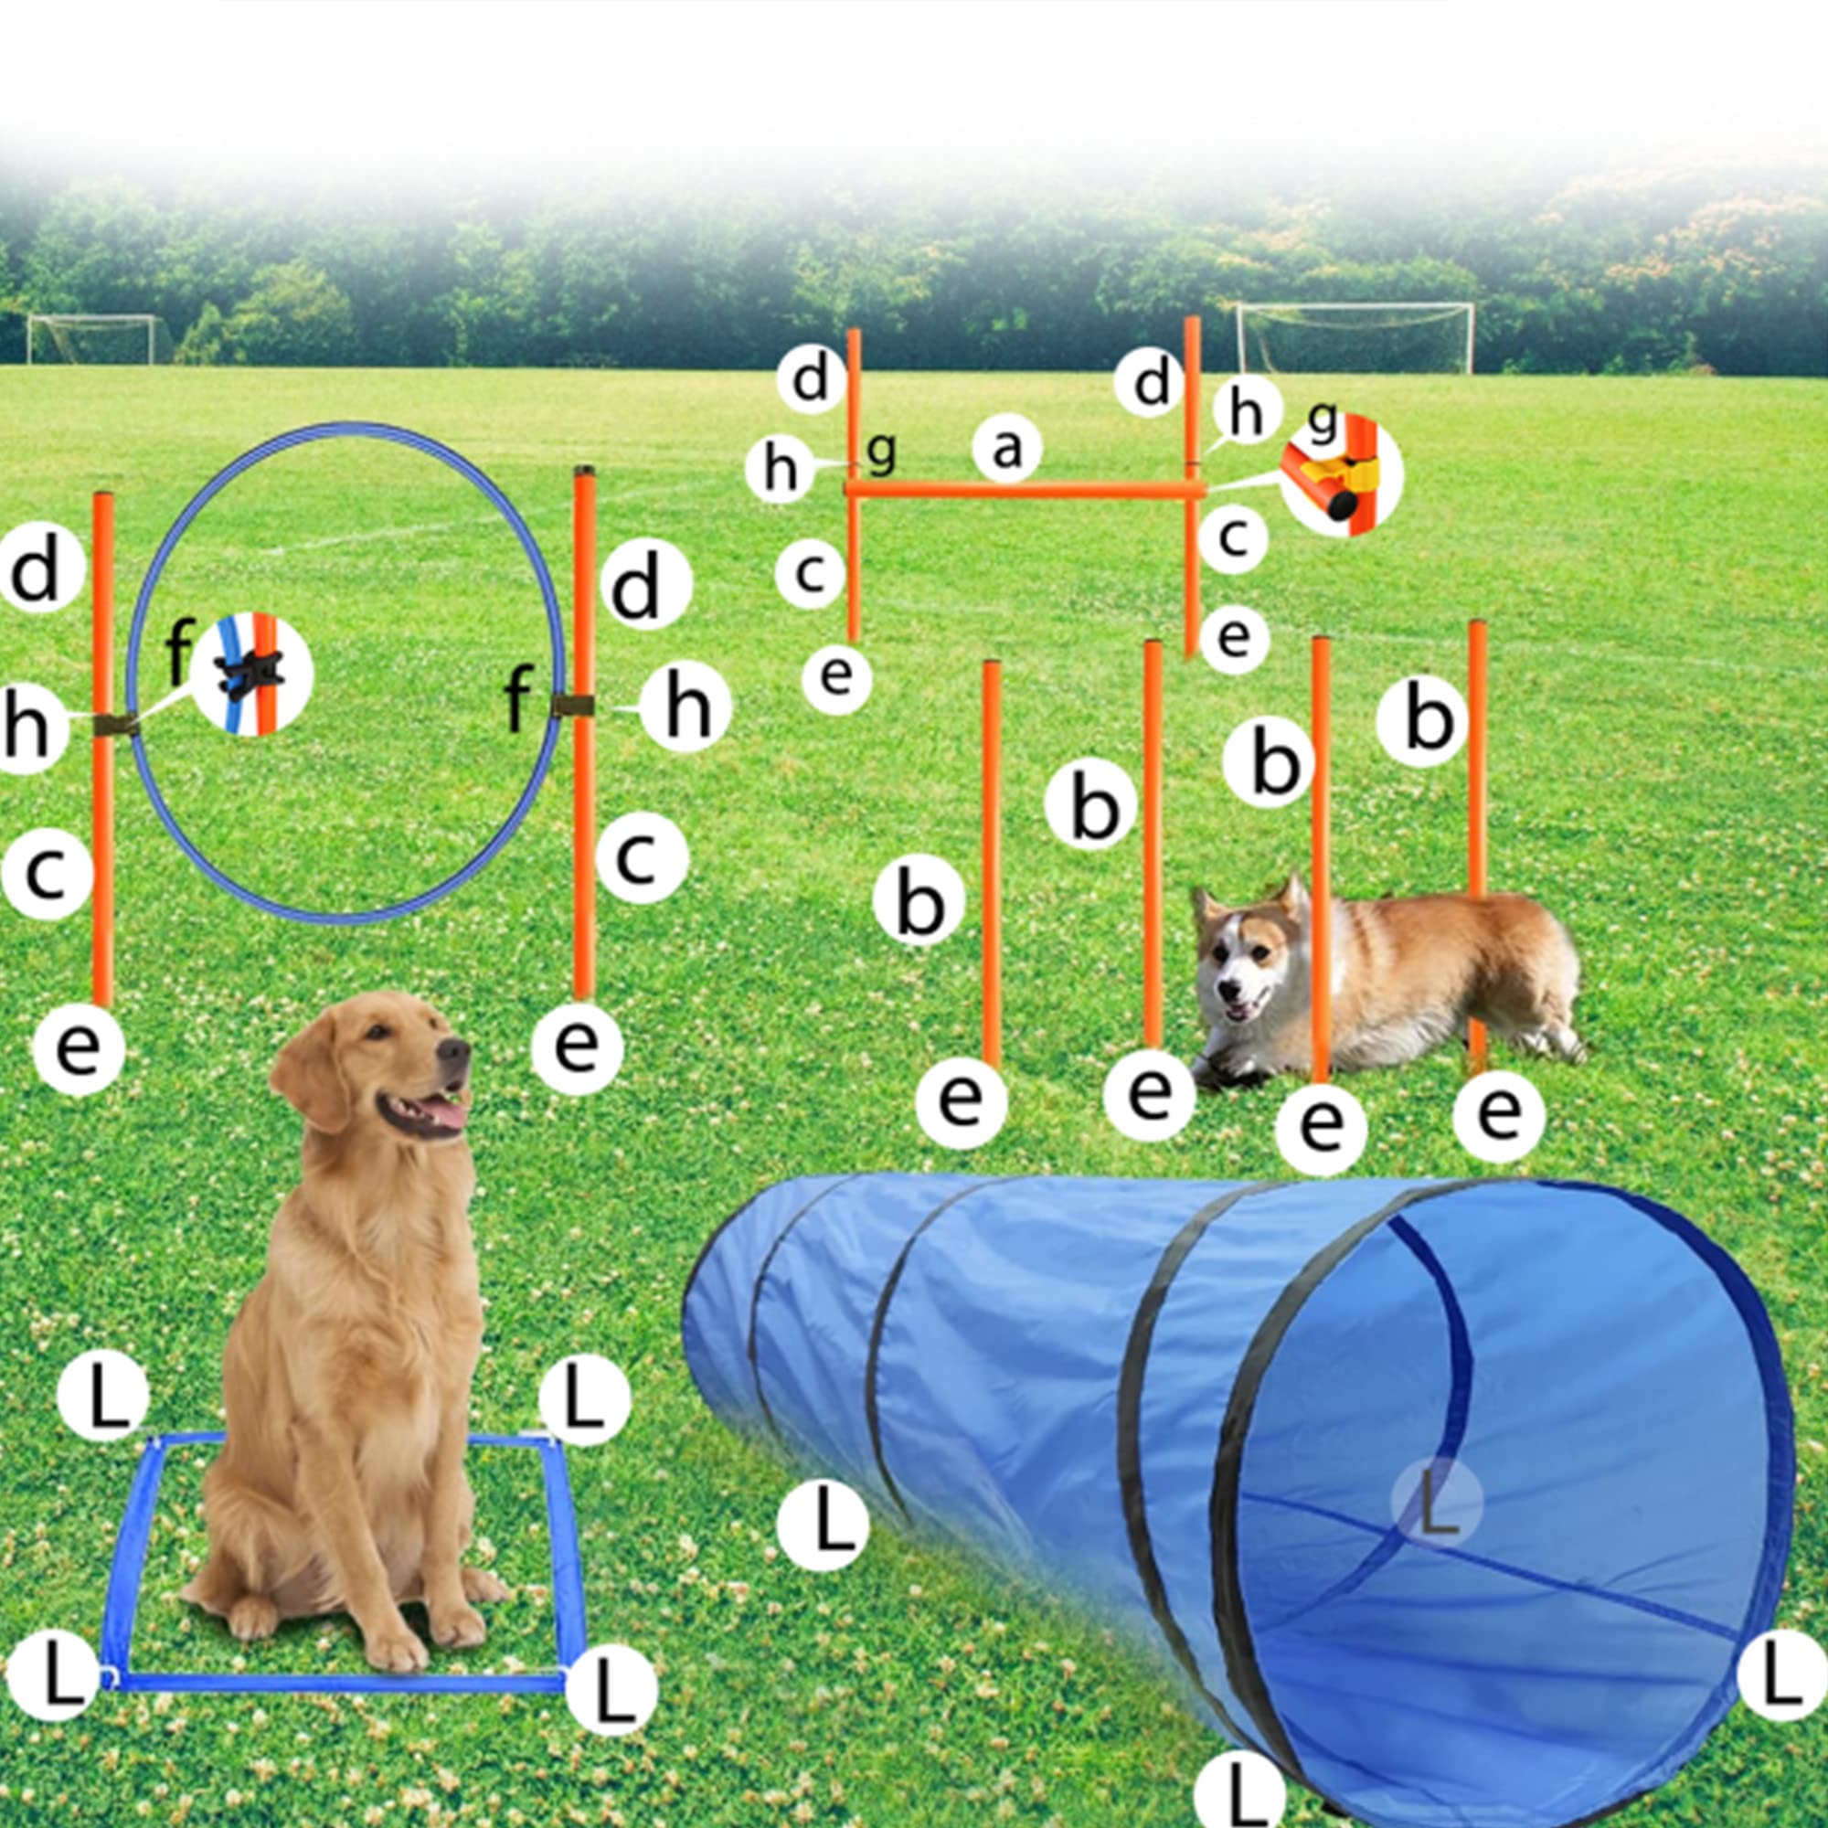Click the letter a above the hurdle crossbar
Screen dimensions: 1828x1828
click(x=1006, y=449)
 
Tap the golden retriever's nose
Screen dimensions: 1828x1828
click(x=453, y=1051)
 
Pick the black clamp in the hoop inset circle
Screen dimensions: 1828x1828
click(x=250, y=674)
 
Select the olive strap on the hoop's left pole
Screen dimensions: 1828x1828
click(x=115, y=725)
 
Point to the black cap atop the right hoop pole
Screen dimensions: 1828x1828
click(x=584, y=470)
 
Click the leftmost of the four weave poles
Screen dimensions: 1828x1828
click(x=991, y=861)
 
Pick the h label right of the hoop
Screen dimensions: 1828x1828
click(x=685, y=707)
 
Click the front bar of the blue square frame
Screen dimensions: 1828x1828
click(x=341, y=1683)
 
